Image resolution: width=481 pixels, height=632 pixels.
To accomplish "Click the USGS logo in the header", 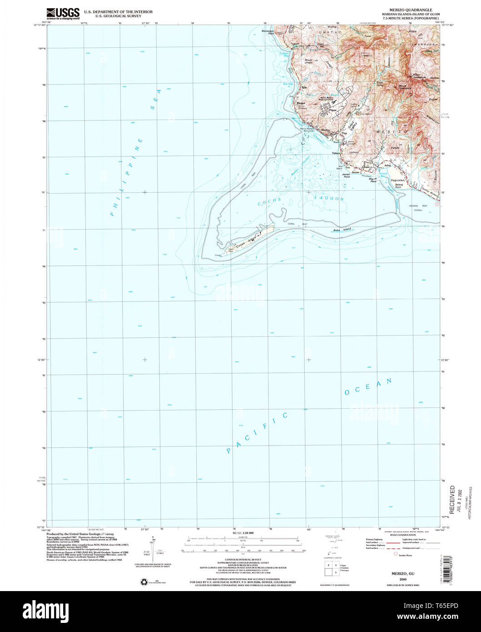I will (63, 13).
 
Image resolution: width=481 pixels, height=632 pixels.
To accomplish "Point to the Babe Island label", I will (343, 231).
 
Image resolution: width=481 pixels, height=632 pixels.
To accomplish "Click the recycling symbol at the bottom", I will (144, 581).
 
